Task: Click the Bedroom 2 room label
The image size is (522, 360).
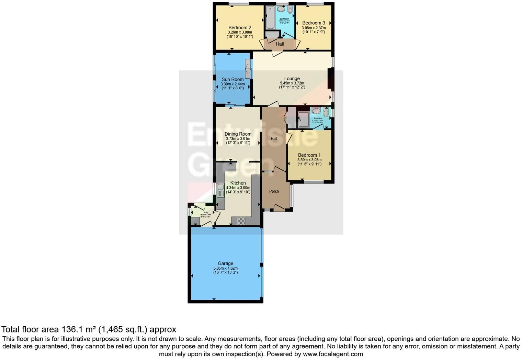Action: pos(240,27)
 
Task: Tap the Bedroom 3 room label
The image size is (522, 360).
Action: pos(314,23)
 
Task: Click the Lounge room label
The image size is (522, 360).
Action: pos(292,78)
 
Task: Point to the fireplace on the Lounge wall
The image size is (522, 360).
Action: pos(330,79)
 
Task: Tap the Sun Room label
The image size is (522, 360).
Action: pos(232,79)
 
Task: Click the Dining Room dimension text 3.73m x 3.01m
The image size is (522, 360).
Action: pos(238,138)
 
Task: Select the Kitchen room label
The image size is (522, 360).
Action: pos(238,183)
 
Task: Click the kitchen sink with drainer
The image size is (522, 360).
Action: pos(220,190)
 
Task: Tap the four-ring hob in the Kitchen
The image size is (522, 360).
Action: pos(241,221)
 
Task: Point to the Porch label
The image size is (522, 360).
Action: pos(274,191)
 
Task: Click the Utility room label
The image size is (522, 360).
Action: pos(205,213)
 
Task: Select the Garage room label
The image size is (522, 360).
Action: pos(225,263)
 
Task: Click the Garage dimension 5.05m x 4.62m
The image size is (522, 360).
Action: pos(225,268)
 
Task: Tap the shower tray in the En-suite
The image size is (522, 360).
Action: pos(304,120)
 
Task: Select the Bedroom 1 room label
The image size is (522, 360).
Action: pos(309,155)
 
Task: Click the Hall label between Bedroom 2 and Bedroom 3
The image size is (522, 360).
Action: pos(280,44)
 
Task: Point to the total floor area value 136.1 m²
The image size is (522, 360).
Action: pos(78,329)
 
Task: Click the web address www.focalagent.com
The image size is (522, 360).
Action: pos(333,354)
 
